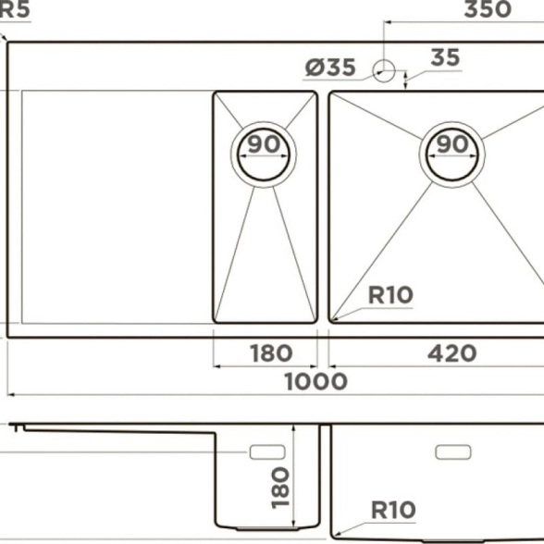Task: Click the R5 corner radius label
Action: (x=15, y=9)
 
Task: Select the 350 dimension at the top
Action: (x=488, y=9)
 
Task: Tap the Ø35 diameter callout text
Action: (x=330, y=68)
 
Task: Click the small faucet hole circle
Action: (x=384, y=70)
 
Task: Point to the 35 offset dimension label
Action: (x=446, y=57)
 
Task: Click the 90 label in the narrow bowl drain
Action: (x=264, y=144)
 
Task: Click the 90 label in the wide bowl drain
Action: (x=452, y=144)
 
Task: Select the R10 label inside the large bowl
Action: (x=390, y=295)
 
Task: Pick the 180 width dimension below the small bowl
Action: (x=271, y=353)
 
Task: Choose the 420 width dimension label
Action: (x=452, y=353)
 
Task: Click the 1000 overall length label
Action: (x=316, y=381)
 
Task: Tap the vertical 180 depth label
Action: (x=280, y=488)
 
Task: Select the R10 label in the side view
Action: (x=393, y=510)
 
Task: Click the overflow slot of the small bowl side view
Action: (x=267, y=452)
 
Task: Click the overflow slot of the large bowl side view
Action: (x=453, y=452)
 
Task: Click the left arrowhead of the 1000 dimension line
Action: (x=10, y=395)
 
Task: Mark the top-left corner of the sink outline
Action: (x=7, y=43)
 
